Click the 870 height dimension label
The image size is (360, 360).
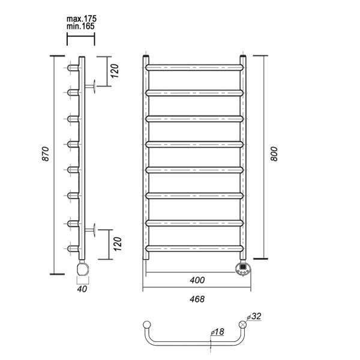(x=46, y=154)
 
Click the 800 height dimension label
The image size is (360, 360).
(x=274, y=154)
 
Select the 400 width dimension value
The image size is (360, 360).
(x=197, y=280)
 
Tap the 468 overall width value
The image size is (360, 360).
(x=197, y=299)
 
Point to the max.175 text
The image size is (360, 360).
(x=82, y=19)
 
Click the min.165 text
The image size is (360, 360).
(x=80, y=26)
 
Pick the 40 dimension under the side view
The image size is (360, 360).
(x=82, y=289)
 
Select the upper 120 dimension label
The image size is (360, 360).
(x=115, y=71)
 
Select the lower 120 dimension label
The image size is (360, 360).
(x=117, y=244)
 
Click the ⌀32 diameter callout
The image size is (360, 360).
(x=254, y=316)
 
